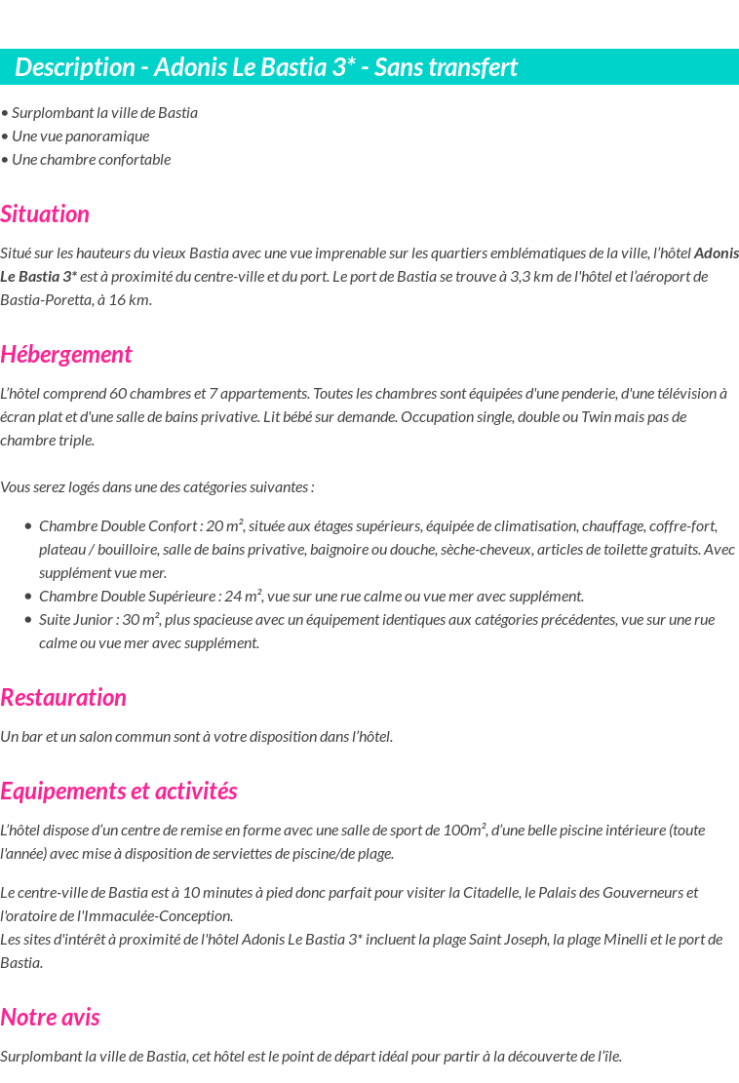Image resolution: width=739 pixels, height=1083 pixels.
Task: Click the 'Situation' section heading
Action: pyautogui.click(x=45, y=213)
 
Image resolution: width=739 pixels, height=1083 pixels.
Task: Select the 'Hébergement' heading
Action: pyautogui.click(x=66, y=354)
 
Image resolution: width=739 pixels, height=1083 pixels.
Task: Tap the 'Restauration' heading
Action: pyautogui.click(x=63, y=697)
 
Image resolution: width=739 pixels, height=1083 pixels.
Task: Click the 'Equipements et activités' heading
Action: pyautogui.click(x=119, y=791)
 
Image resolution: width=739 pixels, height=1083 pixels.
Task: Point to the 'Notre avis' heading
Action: pyautogui.click(x=50, y=1017)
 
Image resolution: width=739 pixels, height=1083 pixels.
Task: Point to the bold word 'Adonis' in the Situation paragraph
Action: pyautogui.click(x=716, y=252)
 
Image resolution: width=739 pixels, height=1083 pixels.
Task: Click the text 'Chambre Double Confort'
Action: pyautogui.click(x=117, y=525)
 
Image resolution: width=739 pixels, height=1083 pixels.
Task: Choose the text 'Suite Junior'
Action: pyautogui.click(x=76, y=619)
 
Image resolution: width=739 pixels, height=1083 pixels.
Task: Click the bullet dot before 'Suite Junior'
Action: pyautogui.click(x=28, y=619)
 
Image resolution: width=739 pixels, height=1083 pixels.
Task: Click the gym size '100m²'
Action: pyautogui.click(x=464, y=830)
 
